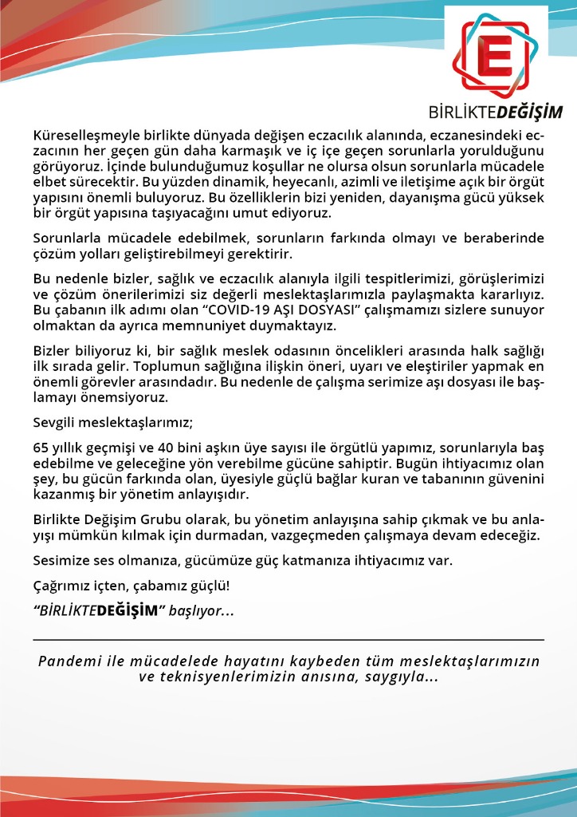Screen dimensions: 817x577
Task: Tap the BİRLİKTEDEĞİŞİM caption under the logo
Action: pos(495,111)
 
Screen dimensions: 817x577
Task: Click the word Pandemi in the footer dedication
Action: pos(66,662)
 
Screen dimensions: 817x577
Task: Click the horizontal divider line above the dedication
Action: pos(288,640)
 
